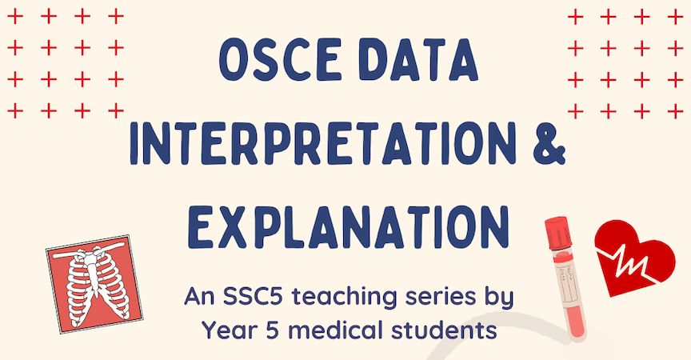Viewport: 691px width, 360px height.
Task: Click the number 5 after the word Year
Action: pyautogui.click(x=274, y=329)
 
